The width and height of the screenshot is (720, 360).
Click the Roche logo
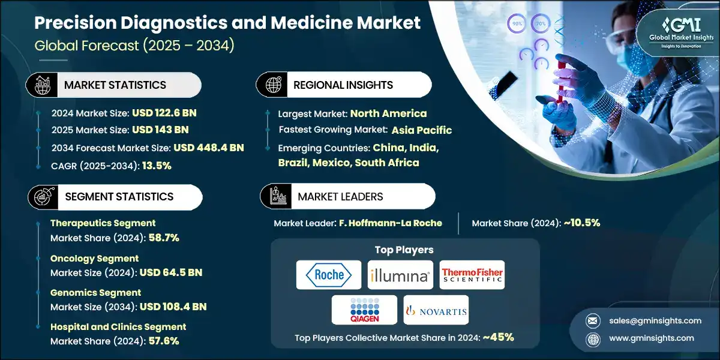[x=329, y=275]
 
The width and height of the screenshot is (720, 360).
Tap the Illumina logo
[x=400, y=275]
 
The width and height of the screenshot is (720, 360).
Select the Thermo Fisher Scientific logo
[x=472, y=275]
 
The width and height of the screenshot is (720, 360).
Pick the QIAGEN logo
[x=365, y=310]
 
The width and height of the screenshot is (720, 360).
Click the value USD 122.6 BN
[x=164, y=113]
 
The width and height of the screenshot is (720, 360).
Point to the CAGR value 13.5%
[x=157, y=166]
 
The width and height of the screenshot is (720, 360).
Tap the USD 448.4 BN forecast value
[x=209, y=148]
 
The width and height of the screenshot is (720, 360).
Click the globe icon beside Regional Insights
[x=273, y=85]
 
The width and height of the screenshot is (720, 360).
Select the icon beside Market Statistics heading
[x=43, y=85]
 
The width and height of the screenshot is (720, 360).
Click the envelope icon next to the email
[x=593, y=321]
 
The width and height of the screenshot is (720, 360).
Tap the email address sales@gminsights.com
[x=655, y=321]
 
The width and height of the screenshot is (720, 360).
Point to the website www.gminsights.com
[x=652, y=338]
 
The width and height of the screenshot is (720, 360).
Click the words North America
[x=388, y=113]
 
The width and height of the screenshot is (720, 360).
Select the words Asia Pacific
[x=422, y=130]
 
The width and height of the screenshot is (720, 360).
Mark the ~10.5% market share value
[x=582, y=223]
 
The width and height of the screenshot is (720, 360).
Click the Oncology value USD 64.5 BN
[x=171, y=272]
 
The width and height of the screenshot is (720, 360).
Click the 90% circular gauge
[x=517, y=23]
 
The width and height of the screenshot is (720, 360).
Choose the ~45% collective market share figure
[x=498, y=337]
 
